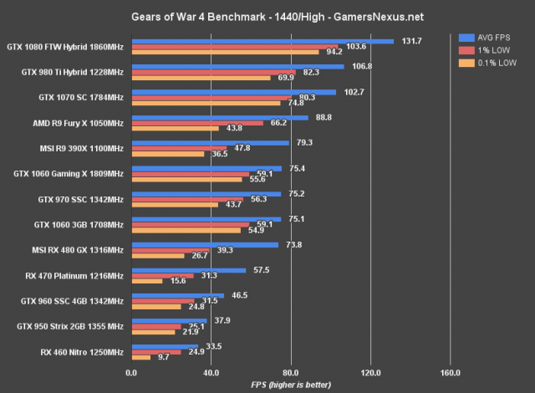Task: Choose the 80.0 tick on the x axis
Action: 290,372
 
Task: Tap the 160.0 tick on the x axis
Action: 450,372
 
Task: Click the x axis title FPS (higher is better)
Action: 290,385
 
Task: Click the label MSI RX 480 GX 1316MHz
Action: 74,250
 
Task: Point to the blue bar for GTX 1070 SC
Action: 232,92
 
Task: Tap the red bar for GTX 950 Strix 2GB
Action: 155,326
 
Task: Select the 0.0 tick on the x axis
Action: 130,372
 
